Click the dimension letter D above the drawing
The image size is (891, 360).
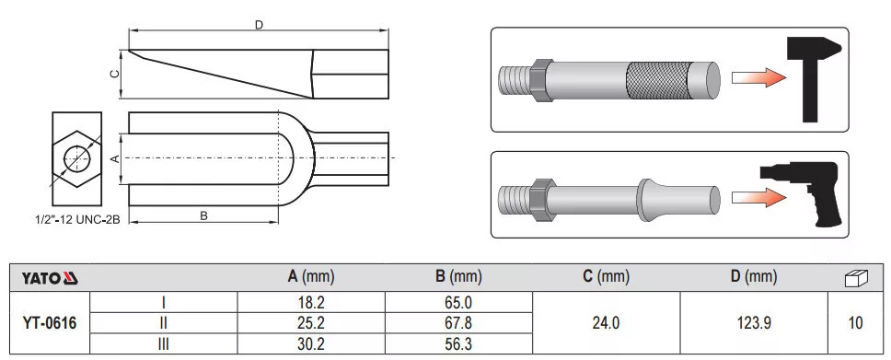tap(260, 25)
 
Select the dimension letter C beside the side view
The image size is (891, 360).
tap(114, 74)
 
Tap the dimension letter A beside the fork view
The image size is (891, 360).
tap(114, 158)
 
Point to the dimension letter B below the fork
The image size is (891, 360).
tap(203, 215)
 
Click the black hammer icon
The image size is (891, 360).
tap(813, 79)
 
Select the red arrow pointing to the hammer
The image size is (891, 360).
tap(758, 78)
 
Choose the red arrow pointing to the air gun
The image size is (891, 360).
tap(758, 198)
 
